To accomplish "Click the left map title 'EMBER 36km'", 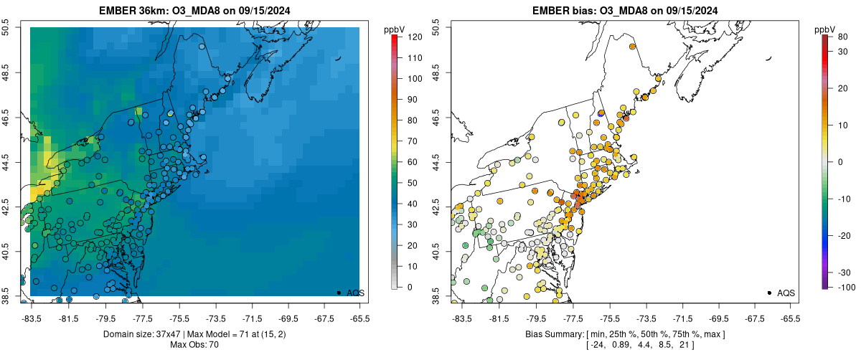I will tap(138, 9).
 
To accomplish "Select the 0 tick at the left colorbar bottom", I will tap(410, 287).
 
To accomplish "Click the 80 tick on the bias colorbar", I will tap(839, 37).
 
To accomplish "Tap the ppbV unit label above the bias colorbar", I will tap(825, 29).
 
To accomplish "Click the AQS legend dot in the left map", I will tap(339, 293).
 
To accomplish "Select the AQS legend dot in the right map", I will tap(769, 293).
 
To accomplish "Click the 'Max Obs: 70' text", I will tap(194, 345).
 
